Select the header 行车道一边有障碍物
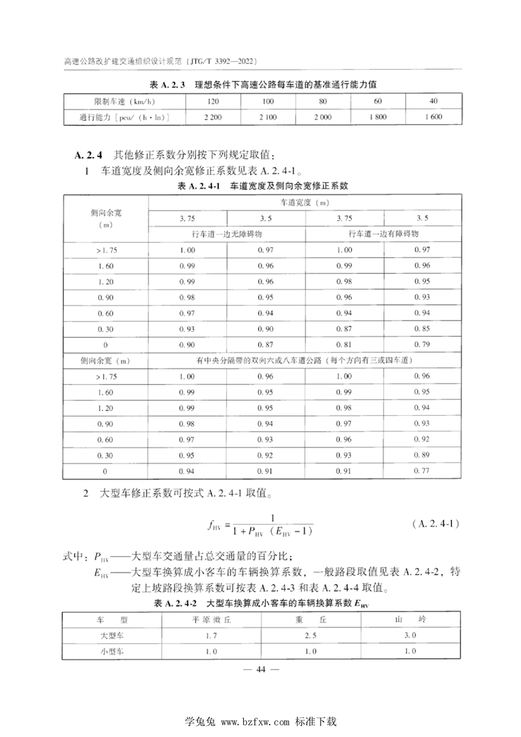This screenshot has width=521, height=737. point(384,233)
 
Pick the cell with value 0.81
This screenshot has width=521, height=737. point(344,344)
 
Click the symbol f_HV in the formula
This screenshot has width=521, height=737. point(214,525)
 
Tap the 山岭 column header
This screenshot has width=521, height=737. point(410,619)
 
